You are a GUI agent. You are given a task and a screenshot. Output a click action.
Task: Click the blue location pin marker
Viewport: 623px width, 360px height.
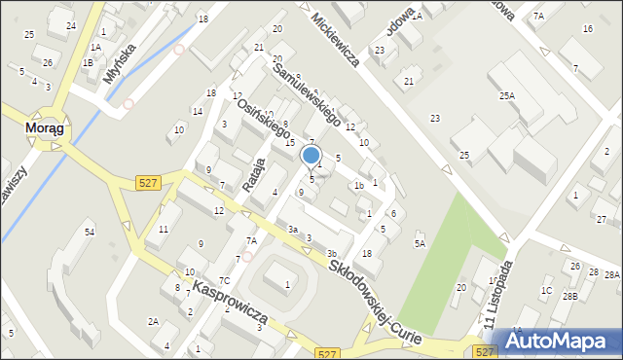tap(311, 157)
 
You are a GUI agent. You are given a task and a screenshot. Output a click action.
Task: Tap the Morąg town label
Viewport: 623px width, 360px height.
tap(45, 126)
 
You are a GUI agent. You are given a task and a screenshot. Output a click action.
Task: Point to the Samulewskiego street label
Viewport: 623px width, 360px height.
tap(307, 96)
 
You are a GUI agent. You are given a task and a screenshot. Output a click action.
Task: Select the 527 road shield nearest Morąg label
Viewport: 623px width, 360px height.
tap(147, 185)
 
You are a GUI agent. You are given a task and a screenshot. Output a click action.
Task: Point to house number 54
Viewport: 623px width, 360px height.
tap(90, 232)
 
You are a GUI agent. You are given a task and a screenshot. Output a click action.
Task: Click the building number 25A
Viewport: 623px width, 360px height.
tap(507, 95)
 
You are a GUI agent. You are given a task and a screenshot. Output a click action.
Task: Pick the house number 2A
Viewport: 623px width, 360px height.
tap(153, 321)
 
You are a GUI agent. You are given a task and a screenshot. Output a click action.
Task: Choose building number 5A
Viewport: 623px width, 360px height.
tap(420, 243)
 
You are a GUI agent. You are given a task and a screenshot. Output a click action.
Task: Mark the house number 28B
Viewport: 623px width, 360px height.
tap(569, 295)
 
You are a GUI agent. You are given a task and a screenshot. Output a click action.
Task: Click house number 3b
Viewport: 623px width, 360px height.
tap(332, 254)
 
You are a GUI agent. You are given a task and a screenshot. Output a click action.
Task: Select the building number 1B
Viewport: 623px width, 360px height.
tap(88, 62)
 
